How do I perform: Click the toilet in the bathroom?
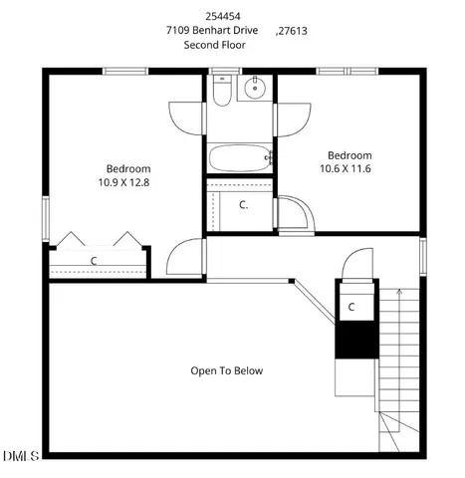click(x=222, y=92)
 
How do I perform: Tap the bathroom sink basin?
click(x=254, y=89)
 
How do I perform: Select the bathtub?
click(x=240, y=157)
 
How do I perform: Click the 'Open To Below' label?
click(x=227, y=370)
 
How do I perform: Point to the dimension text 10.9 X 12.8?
click(x=123, y=182)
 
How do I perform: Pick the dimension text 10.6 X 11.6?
click(x=349, y=169)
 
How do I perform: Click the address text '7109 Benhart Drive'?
click(x=212, y=31)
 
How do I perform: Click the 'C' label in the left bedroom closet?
click(x=94, y=261)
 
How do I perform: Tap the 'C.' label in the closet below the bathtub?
click(x=244, y=205)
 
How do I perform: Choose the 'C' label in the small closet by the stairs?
click(x=351, y=308)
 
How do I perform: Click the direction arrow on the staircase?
click(x=399, y=295)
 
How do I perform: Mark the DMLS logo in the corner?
click(x=20, y=456)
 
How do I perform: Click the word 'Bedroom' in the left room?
click(x=128, y=168)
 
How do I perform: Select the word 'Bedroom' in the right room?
click(x=349, y=155)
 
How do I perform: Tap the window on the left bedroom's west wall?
click(x=46, y=216)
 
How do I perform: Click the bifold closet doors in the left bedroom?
click(x=97, y=242)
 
